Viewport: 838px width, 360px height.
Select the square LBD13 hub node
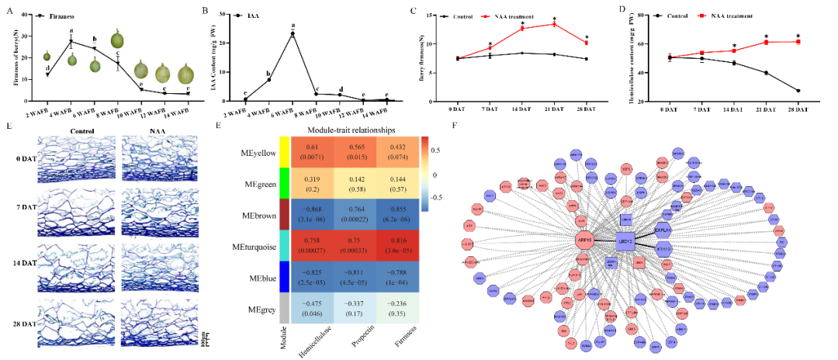pyautogui.click(x=625, y=241)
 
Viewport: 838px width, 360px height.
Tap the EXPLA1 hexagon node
pyautogui.click(x=662, y=230)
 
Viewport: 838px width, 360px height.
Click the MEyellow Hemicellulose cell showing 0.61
pyautogui.click(x=313, y=152)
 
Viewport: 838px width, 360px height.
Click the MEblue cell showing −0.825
pyautogui.click(x=313, y=278)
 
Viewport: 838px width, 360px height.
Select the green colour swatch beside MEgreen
pyautogui.click(x=284, y=184)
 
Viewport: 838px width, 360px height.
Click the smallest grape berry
pyautogui.click(x=47, y=54)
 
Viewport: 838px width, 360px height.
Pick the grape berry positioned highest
pyautogui.click(x=117, y=38)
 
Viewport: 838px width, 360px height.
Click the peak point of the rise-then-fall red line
pyautogui.click(x=554, y=23)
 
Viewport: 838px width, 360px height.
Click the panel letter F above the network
pyautogui.click(x=455, y=124)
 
